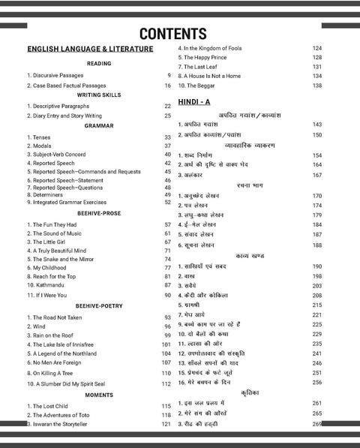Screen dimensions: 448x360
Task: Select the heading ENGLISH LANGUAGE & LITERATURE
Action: click(x=90, y=50)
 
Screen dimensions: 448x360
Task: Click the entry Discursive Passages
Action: click(x=56, y=75)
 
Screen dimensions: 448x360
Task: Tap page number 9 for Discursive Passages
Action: click(x=169, y=75)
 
